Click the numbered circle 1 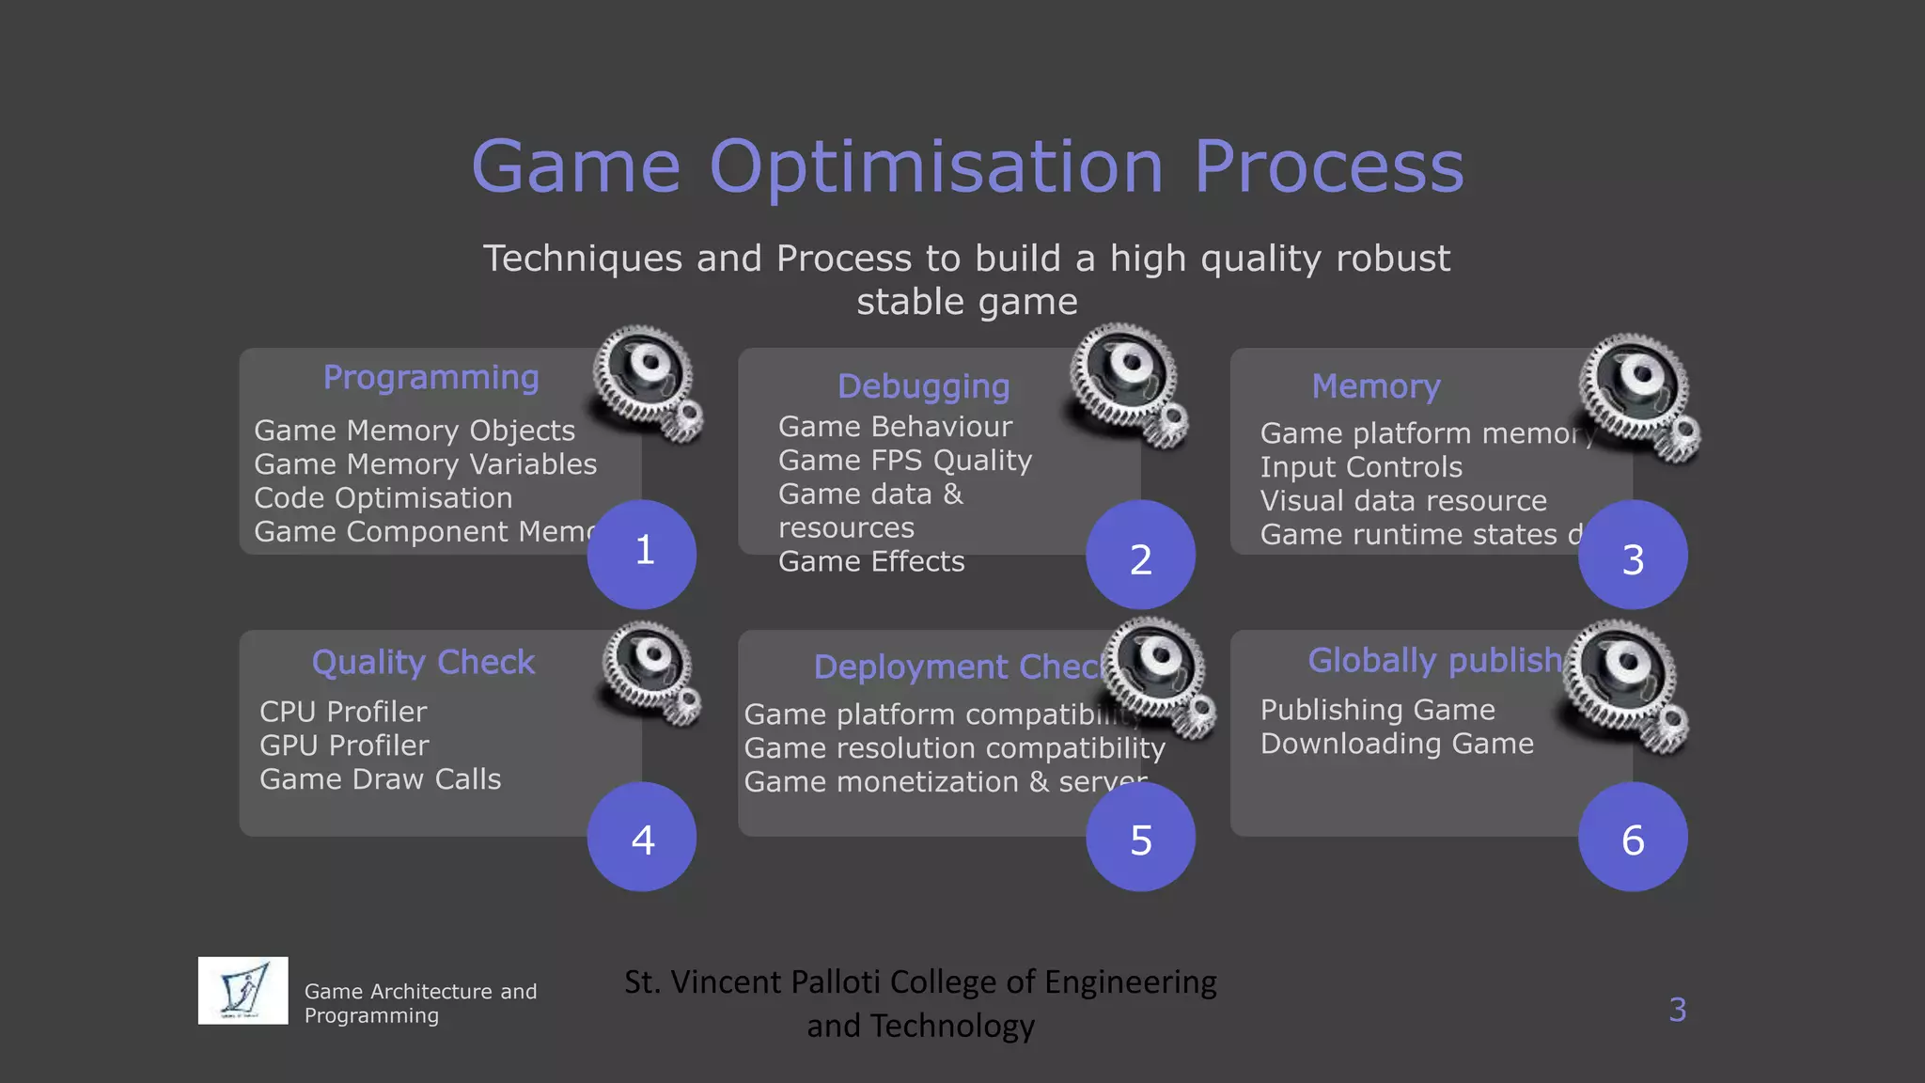[642, 554]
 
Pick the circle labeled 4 [642, 837]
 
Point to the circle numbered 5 [1140, 837]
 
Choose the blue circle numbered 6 [1633, 837]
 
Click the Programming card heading [430, 377]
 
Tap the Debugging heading [923, 386]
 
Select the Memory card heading [1376, 386]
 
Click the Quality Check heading [423, 662]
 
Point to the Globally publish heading [1434, 660]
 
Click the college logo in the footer [243, 991]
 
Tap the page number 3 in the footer [1677, 1010]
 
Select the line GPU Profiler [344, 746]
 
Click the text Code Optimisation [383, 498]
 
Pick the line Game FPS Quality [904, 461]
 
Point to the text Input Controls [1361, 467]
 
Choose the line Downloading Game [1397, 744]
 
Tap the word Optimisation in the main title [936, 166]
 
